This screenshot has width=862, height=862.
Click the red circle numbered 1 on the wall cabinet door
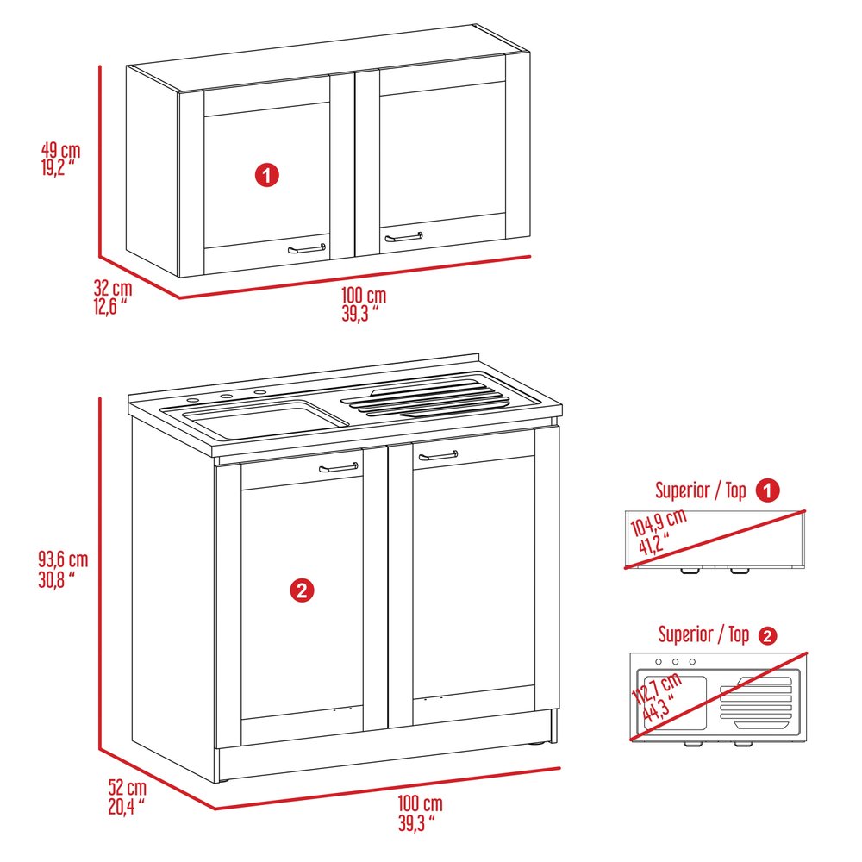coord(267,176)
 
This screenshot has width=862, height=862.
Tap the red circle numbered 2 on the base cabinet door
coord(300,590)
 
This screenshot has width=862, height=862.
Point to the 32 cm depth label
coord(112,295)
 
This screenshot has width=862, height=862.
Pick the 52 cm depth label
coord(127,796)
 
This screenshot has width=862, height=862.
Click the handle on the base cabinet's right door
coord(438,455)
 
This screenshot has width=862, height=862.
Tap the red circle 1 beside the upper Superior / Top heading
coord(767,491)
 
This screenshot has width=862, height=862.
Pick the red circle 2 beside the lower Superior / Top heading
coord(767,636)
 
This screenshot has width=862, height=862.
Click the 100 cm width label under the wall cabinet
coord(363,304)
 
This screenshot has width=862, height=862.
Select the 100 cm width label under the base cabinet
coord(420,813)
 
